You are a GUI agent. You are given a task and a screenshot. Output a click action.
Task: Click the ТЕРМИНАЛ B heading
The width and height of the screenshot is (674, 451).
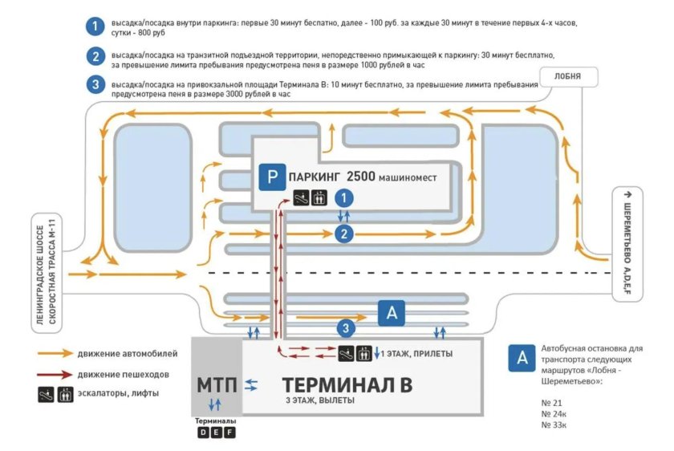click(347, 384)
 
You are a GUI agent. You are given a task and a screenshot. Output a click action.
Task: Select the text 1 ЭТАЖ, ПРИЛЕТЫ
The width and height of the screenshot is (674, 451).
click(416, 354)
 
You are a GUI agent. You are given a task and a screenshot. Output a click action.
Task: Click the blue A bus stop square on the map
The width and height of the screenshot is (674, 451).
click(392, 314)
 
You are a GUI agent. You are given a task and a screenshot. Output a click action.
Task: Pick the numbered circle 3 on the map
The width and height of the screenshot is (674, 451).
click(345, 327)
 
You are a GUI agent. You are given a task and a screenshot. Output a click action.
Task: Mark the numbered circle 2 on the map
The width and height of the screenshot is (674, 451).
click(343, 234)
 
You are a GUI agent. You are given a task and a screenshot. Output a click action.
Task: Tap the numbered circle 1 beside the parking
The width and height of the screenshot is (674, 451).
click(343, 197)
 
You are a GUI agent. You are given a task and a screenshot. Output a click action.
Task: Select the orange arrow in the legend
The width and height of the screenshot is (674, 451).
click(54, 353)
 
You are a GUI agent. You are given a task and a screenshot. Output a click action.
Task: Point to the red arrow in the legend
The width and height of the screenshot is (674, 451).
click(54, 374)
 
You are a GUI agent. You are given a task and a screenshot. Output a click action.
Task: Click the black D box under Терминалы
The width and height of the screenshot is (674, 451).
click(203, 434)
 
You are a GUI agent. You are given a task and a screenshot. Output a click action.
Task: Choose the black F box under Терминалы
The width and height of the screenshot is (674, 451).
click(229, 434)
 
